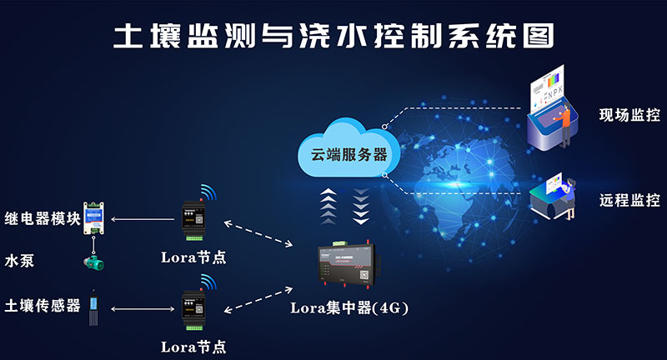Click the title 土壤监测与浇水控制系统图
click(334, 36)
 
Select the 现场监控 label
click(629, 115)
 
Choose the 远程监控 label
click(629, 200)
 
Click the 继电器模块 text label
click(43, 218)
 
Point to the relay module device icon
click(93, 218)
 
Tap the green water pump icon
click(94, 262)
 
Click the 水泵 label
click(19, 261)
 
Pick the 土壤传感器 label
click(43, 305)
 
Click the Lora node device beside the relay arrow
click(194, 220)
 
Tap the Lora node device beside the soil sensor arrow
click(194, 310)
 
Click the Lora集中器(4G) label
click(349, 307)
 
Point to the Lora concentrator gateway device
click(349, 263)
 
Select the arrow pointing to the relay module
click(143, 219)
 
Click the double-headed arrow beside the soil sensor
click(143, 309)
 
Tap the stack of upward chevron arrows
click(328, 206)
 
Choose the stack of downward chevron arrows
click(361, 207)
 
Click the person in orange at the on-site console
click(564, 124)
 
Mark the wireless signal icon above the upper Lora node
click(209, 192)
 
